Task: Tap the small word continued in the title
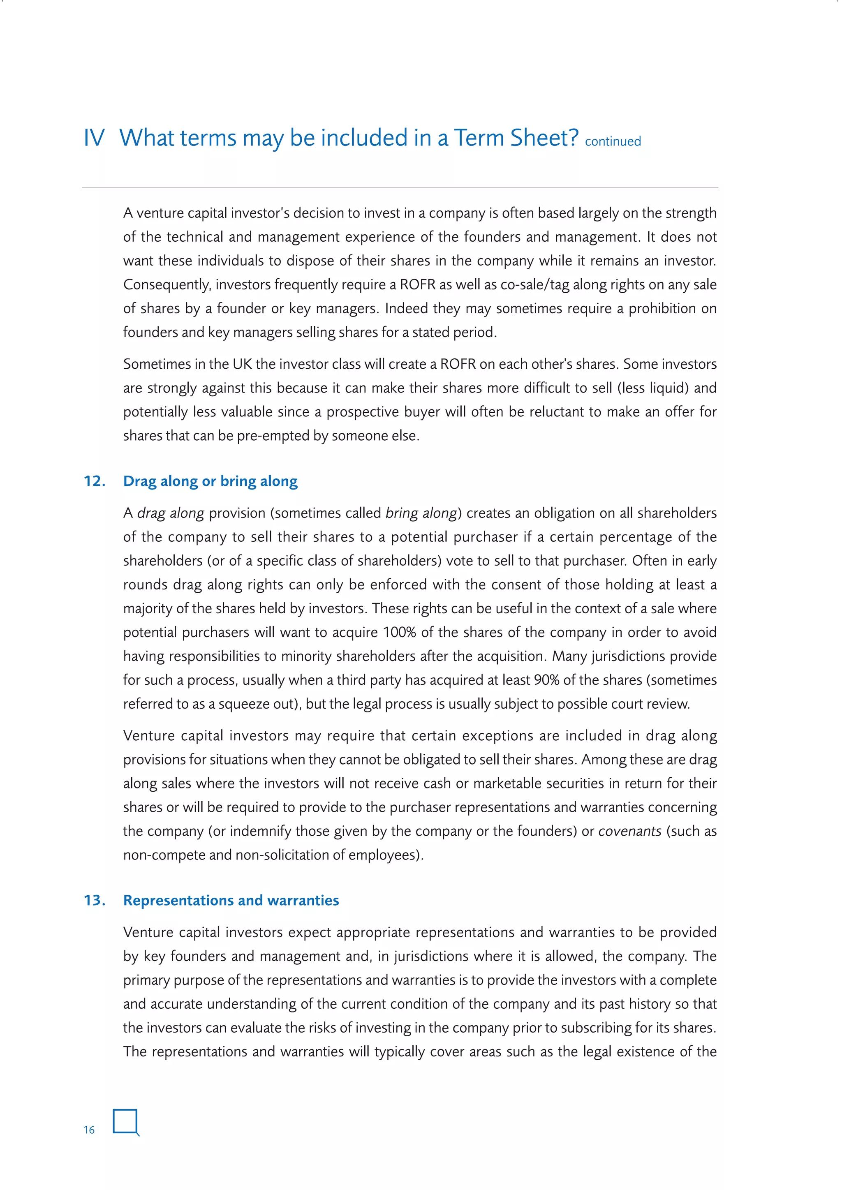pyautogui.click(x=613, y=141)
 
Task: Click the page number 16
pyautogui.click(x=89, y=1130)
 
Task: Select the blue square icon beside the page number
pyautogui.click(x=125, y=1122)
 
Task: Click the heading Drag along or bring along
pyautogui.click(x=210, y=481)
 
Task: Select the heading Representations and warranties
pyautogui.click(x=231, y=900)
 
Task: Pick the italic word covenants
pyautogui.click(x=629, y=831)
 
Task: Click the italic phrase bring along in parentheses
pyautogui.click(x=421, y=513)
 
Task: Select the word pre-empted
pyautogui.click(x=273, y=436)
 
